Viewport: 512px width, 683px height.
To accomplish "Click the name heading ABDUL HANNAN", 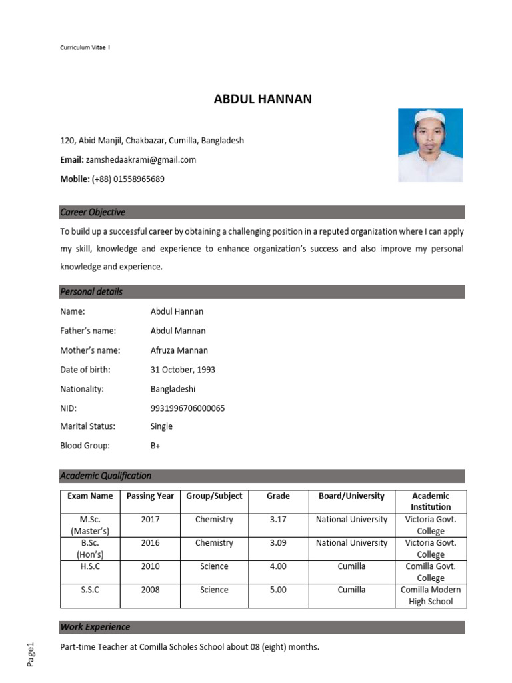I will (263, 100).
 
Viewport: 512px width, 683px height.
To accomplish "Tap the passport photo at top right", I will (430, 145).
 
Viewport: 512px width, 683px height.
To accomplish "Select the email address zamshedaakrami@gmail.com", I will (141, 160).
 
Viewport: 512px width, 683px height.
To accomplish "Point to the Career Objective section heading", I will (93, 213).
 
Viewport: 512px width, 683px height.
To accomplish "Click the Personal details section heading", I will (91, 292).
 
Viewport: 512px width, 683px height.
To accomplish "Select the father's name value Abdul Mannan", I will (178, 331).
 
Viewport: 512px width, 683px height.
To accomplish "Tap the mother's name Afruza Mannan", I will (179, 350).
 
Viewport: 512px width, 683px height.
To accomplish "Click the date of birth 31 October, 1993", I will (183, 370).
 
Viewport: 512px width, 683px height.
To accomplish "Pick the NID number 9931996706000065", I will (187, 408).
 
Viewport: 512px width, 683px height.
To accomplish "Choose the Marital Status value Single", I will (161, 426).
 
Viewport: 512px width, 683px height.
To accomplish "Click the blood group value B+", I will (155, 446).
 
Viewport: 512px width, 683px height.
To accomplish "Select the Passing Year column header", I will (150, 496).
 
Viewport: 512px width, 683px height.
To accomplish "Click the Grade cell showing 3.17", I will (278, 520).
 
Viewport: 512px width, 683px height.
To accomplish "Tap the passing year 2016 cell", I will (150, 543).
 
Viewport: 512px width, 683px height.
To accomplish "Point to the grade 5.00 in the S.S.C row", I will (278, 590).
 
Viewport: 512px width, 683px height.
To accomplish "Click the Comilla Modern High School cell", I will (431, 596).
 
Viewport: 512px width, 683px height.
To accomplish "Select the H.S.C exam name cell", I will (90, 566).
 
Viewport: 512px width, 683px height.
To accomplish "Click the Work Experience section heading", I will (95, 627).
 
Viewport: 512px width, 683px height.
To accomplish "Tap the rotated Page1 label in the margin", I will (30, 654).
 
